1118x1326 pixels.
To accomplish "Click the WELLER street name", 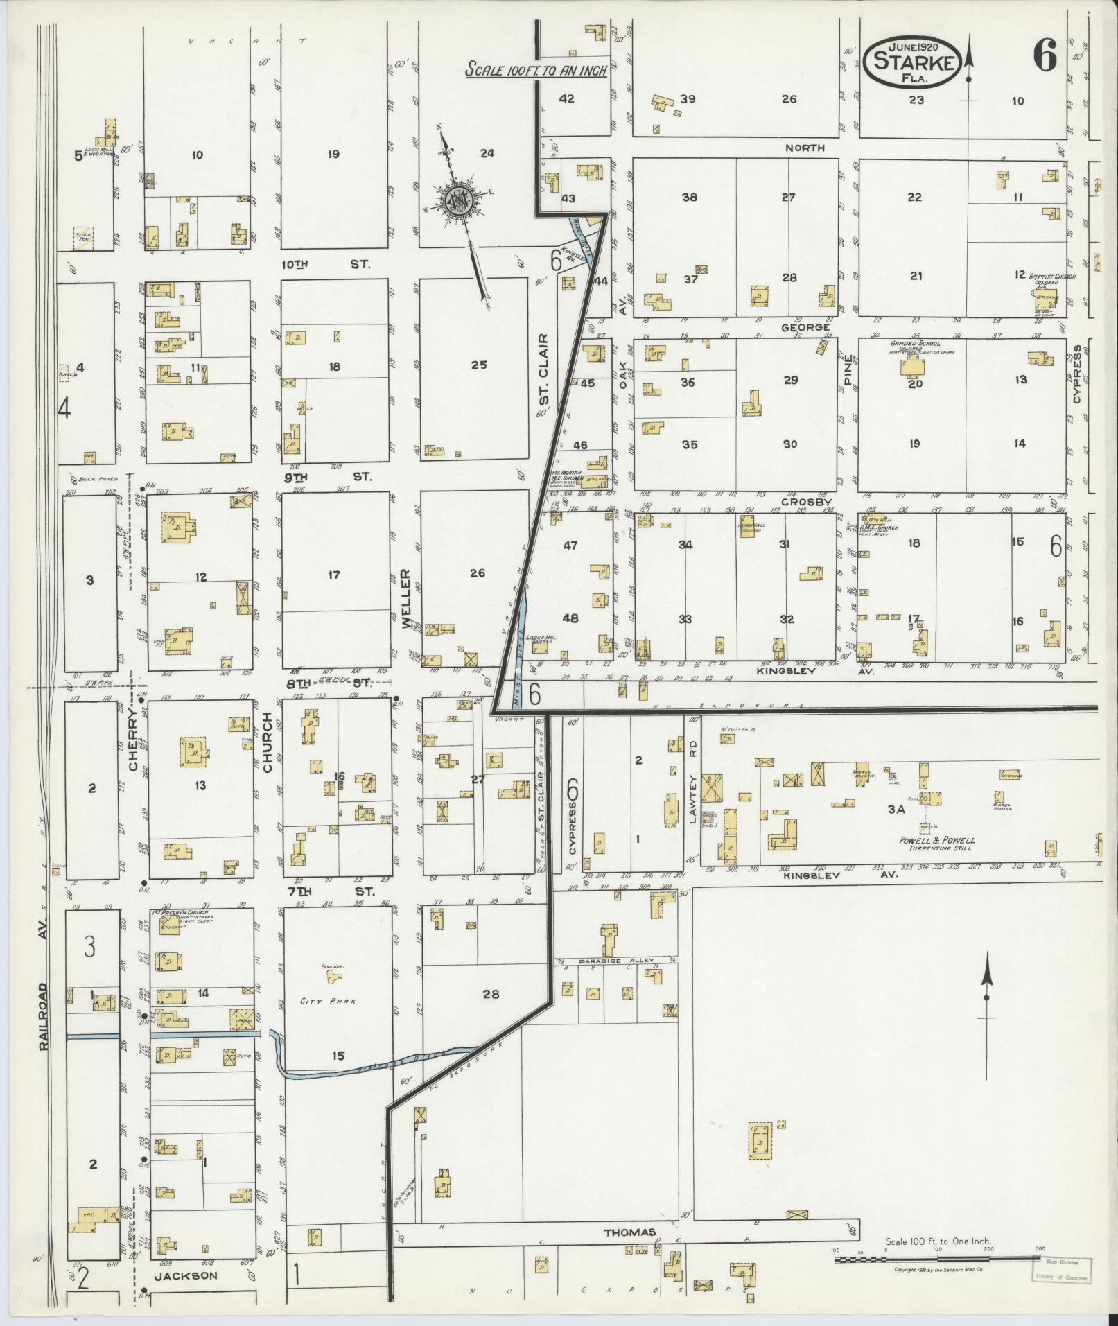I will click(x=405, y=598).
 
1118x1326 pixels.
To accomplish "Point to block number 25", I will click(x=479, y=365).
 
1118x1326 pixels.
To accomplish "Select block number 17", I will click(x=334, y=575).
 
